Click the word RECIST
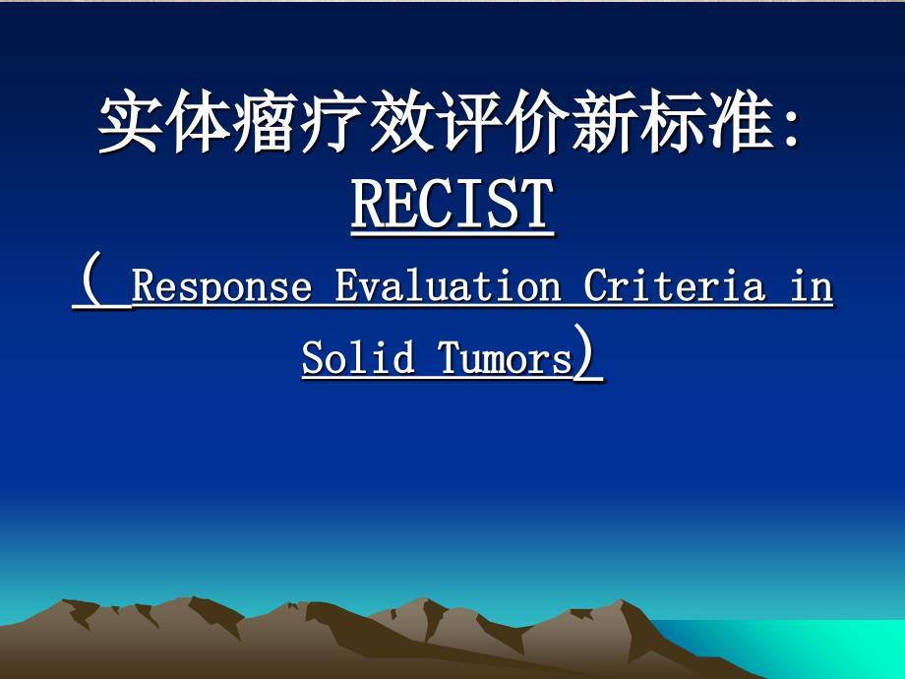tap(452, 204)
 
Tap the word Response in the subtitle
tap(221, 285)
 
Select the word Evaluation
tap(448, 284)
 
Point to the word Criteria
tap(674, 284)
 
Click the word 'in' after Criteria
tap(812, 285)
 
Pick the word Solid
tap(358, 357)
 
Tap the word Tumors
tap(505, 358)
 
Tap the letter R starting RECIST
tap(367, 204)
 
